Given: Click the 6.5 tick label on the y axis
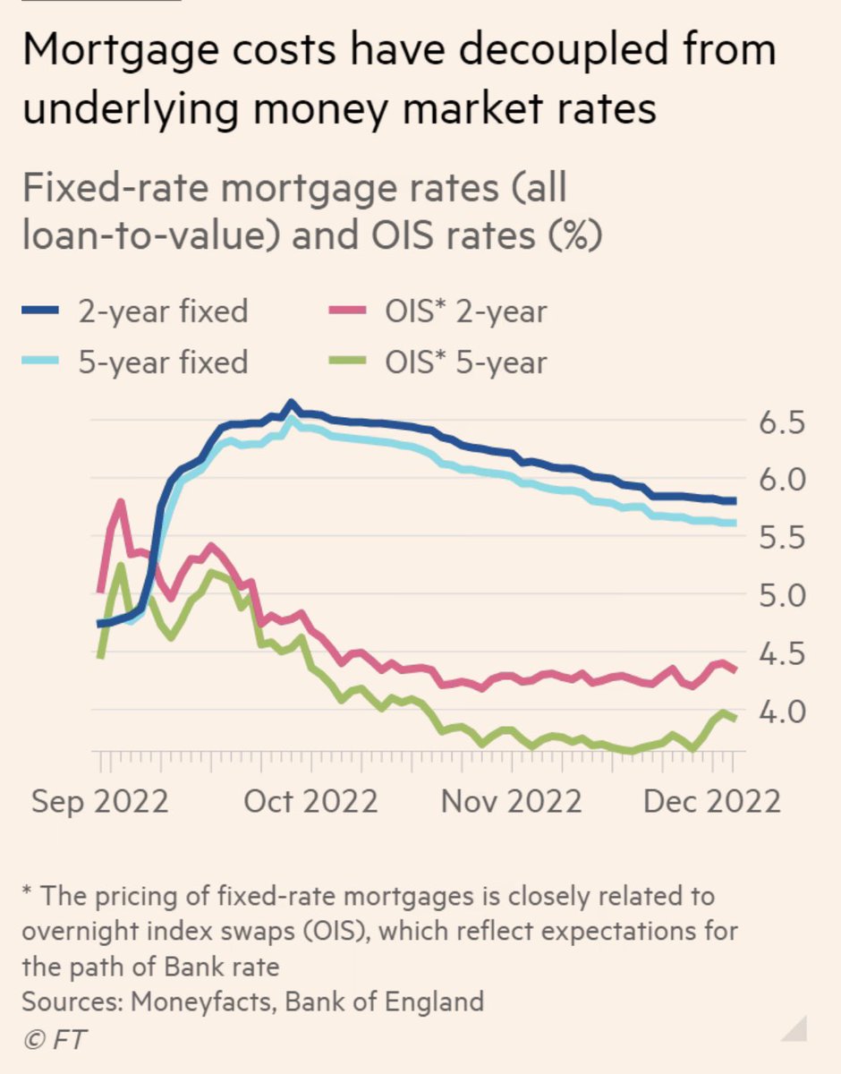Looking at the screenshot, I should [782, 422].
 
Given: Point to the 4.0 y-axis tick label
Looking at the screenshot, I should [782, 712].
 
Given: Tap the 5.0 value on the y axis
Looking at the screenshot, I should [782, 596].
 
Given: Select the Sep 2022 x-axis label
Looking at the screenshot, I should [99, 800].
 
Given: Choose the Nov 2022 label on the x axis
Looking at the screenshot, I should [511, 800].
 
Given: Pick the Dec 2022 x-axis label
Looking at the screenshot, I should [710, 800].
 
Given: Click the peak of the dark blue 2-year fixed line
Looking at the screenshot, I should [290, 405].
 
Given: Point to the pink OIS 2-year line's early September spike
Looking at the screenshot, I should [120, 503].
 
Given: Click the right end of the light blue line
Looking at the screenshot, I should [733, 523].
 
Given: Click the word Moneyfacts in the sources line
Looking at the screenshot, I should [202, 1000].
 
